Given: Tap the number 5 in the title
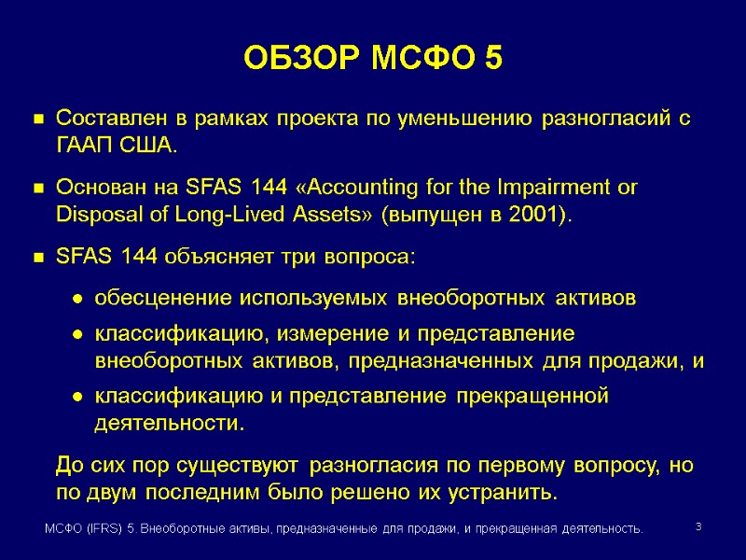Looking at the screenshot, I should [493, 59].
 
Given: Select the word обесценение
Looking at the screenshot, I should [154, 299].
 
